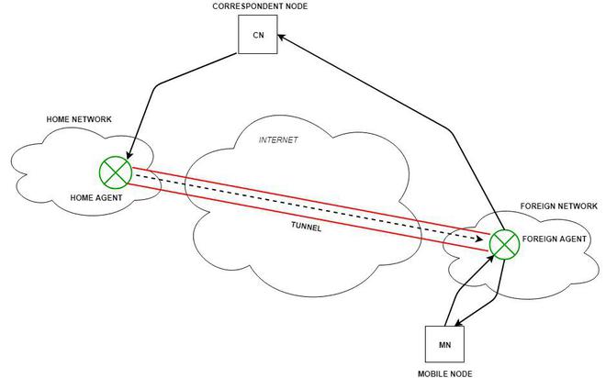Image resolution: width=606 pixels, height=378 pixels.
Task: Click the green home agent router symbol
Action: [x=116, y=172]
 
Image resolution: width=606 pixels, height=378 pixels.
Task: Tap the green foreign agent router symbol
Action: [x=503, y=243]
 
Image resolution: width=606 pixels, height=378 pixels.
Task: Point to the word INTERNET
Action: [x=279, y=140]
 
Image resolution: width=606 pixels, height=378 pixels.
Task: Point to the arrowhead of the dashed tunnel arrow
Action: [x=484, y=239]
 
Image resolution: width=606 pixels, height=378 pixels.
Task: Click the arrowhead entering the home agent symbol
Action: [x=129, y=156]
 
